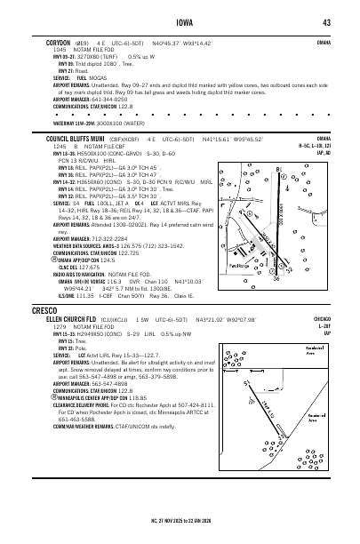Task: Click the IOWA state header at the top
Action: [180, 22]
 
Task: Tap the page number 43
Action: [327, 22]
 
